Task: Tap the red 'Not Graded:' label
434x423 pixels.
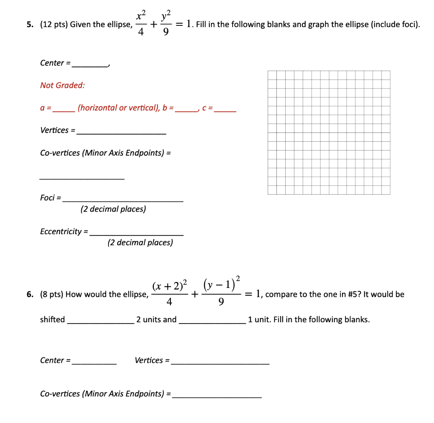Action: (62, 86)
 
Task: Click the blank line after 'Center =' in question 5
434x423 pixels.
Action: (90, 65)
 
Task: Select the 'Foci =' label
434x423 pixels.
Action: (50, 198)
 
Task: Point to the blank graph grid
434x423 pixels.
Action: (328, 133)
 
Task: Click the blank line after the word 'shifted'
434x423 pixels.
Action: (100, 321)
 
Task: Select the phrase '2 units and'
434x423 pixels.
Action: (156, 320)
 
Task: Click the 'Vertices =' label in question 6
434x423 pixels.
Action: (152, 360)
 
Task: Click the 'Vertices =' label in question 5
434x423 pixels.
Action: (57, 130)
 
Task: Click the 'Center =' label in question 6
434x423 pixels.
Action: (55, 360)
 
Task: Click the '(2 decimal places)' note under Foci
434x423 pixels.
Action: (113, 209)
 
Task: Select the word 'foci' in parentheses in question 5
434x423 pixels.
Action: (407, 25)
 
